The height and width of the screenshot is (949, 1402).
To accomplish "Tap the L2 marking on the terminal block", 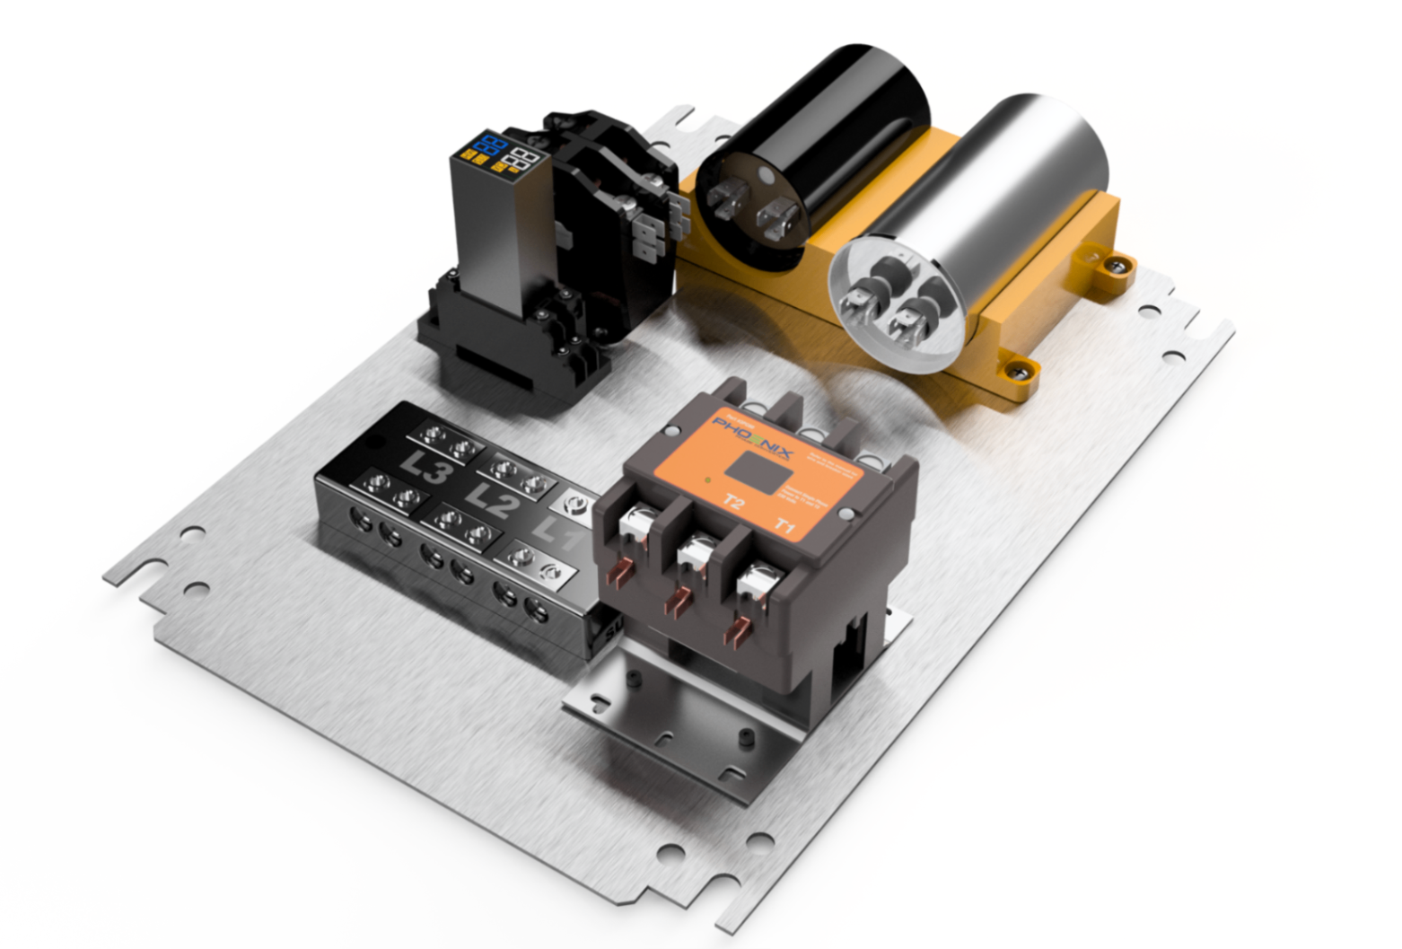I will click(492, 500).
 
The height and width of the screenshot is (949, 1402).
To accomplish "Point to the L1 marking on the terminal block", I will click(556, 536).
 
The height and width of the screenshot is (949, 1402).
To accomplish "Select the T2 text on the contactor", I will click(733, 502).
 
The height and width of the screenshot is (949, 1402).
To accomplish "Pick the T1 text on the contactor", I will click(784, 525).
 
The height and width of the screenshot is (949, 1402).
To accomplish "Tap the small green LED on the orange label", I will click(708, 480).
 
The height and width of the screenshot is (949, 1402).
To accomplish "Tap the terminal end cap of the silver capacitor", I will click(893, 301).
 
